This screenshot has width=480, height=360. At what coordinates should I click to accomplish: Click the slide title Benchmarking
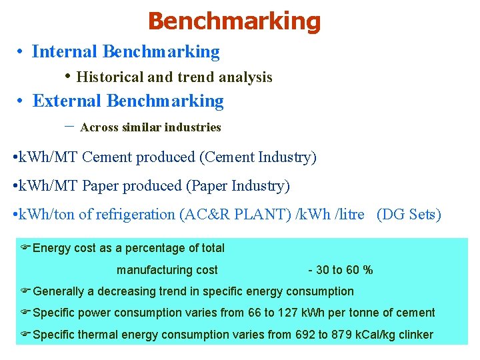(x=234, y=21)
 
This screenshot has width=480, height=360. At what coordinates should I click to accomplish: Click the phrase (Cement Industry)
(x=257, y=157)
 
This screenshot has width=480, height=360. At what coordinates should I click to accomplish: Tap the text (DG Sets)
(x=409, y=215)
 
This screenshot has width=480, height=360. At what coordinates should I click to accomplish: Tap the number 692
(x=305, y=335)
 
